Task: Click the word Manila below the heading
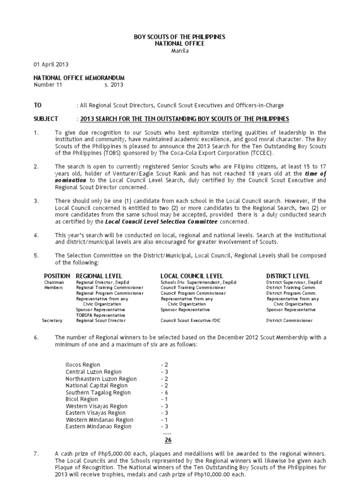pyautogui.click(x=180, y=51)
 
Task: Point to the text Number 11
pyautogui.click(x=47, y=85)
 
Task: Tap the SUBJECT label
pyautogui.click(x=45, y=119)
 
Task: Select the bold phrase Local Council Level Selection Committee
pyautogui.click(x=161, y=221)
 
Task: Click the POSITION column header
pyautogui.click(x=57, y=276)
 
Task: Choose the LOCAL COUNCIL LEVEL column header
pyautogui.click(x=192, y=276)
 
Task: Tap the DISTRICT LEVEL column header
pyautogui.click(x=288, y=276)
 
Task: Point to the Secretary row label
pyautogui.click(x=52, y=321)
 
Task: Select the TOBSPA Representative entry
pyautogui.click(x=101, y=315)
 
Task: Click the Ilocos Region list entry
pyautogui.click(x=83, y=365)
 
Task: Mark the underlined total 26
pyautogui.click(x=167, y=440)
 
